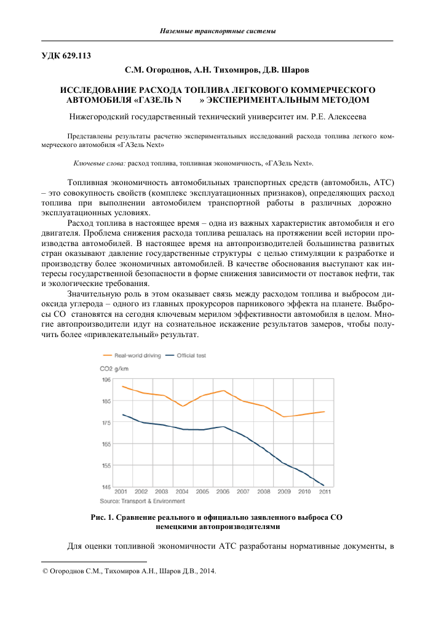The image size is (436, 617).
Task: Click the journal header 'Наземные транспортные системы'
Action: pyautogui.click(x=217, y=31)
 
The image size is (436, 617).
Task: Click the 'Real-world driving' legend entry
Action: pyautogui.click(x=137, y=356)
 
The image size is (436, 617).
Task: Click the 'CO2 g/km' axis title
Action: pyautogui.click(x=114, y=369)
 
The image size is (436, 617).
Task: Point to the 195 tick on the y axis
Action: pyautogui.click(x=106, y=380)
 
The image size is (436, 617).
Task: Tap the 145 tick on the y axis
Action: pyautogui.click(x=106, y=487)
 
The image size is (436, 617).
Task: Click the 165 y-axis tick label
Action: pyautogui.click(x=106, y=444)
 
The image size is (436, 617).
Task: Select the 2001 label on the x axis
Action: pyautogui.click(x=121, y=492)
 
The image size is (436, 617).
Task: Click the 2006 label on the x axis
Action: pyautogui.click(x=222, y=492)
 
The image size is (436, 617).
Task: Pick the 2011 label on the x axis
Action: pyautogui.click(x=323, y=492)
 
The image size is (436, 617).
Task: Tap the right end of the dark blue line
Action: pyautogui.click(x=323, y=485)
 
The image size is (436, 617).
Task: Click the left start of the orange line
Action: pyautogui.click(x=122, y=386)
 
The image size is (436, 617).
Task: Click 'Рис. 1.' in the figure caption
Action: pyautogui.click(x=105, y=518)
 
